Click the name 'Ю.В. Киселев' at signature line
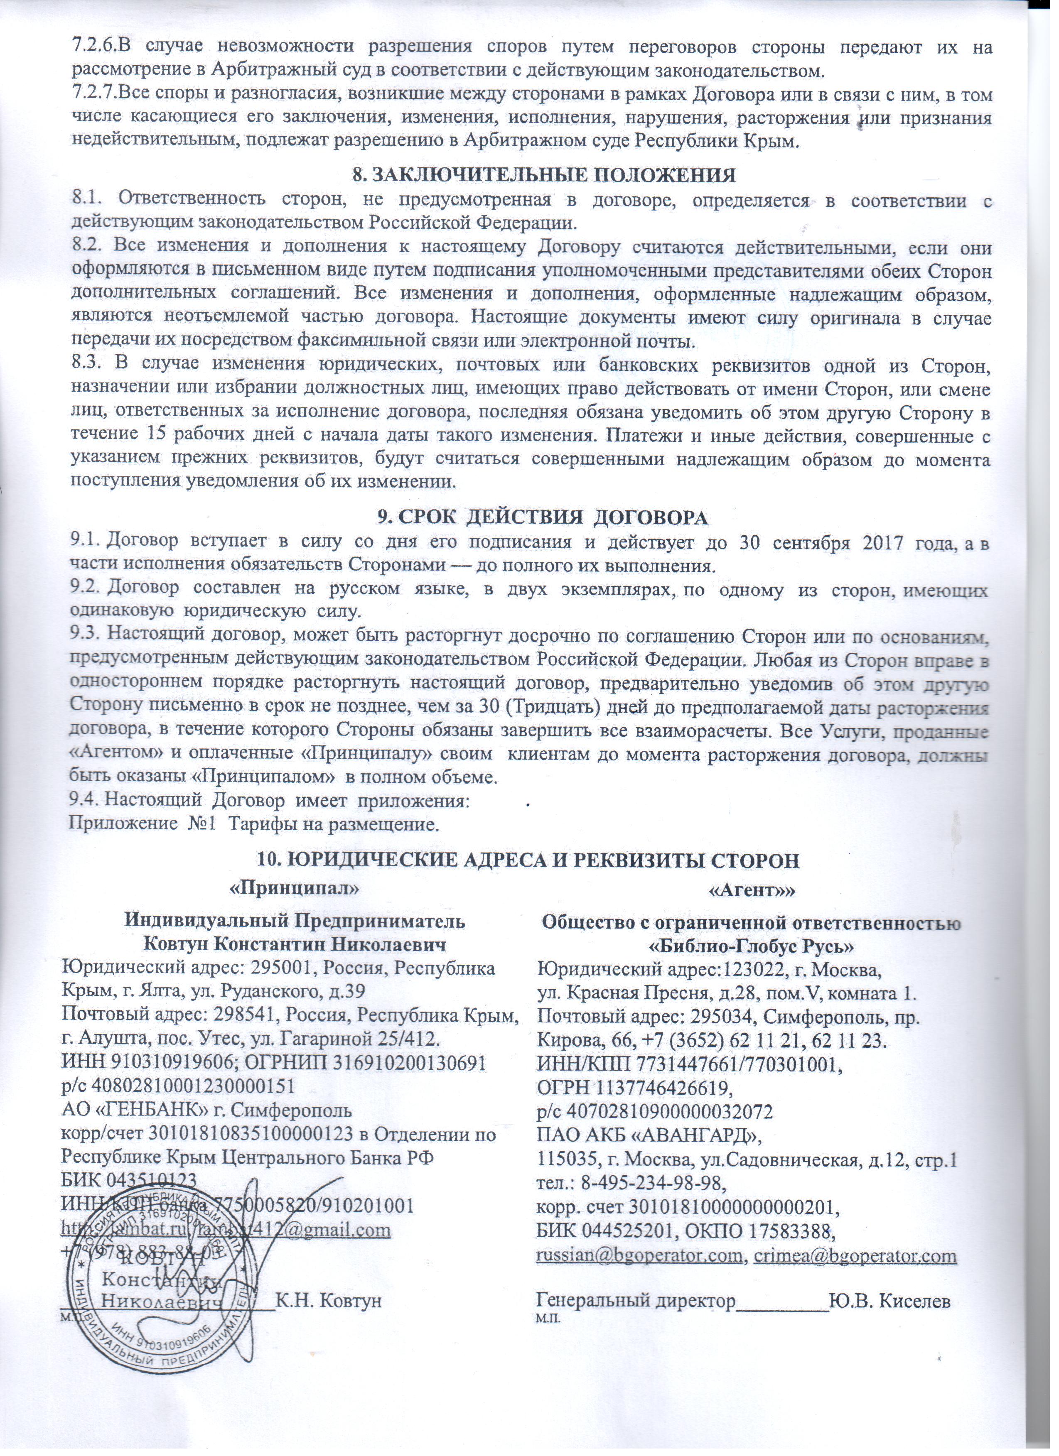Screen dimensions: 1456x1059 [x=890, y=1284]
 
